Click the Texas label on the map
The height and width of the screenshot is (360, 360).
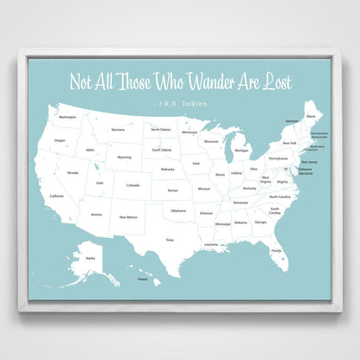click(170, 240)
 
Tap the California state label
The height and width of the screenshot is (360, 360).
click(56, 196)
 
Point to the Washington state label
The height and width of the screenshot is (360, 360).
click(67, 117)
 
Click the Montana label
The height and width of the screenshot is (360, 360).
click(119, 130)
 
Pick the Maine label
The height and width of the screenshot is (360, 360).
click(311, 106)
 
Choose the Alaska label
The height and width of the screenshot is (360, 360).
click(90, 257)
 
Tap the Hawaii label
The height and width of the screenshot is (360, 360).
click(143, 279)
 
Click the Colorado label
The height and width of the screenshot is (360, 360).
click(132, 184)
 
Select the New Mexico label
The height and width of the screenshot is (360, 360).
click(128, 216)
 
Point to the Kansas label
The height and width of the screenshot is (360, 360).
click(173, 190)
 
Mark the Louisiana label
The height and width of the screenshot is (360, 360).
click(211, 244)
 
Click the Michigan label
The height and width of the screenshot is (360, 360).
click(241, 151)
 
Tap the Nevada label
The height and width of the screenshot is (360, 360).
click(73, 172)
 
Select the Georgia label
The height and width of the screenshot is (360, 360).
click(260, 222)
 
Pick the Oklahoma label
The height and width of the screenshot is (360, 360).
click(177, 210)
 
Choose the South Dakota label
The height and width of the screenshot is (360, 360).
click(162, 150)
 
